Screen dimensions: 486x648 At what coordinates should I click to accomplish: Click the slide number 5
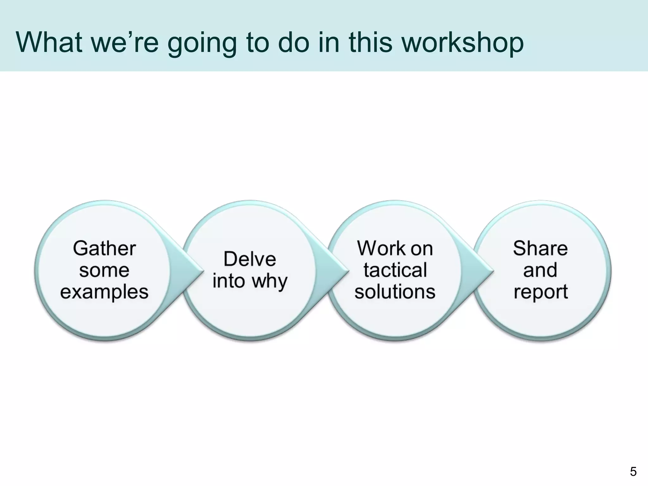pos(633,472)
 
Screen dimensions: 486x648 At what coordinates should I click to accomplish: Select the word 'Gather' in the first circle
pos(104,248)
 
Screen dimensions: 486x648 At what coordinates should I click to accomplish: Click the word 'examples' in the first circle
pos(104,292)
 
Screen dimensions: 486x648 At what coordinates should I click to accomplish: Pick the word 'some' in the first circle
pos(104,270)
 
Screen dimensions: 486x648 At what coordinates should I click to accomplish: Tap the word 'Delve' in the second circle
pos(250,259)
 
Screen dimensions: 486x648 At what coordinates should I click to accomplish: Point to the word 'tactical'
pos(395,270)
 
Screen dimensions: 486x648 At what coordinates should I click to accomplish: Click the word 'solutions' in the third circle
pos(395,291)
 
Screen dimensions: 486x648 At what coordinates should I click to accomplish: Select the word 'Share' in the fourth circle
pos(540,248)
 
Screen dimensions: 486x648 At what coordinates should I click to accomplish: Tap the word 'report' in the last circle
pos(540,292)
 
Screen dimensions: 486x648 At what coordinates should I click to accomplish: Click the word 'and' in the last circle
pos(540,270)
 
